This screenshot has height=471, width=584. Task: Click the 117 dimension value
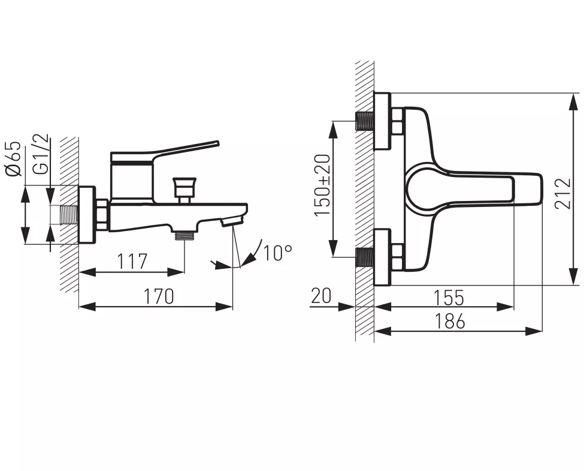[131, 261]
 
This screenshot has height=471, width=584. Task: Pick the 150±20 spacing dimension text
[322, 185]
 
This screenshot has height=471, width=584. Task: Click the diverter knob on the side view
[183, 188]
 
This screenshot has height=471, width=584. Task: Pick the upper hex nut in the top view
[397, 121]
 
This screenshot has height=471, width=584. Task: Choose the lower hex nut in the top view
[397, 257]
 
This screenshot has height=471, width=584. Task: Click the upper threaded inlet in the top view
[364, 121]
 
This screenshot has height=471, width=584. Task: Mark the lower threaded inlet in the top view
[364, 257]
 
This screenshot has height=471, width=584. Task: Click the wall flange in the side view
[87, 215]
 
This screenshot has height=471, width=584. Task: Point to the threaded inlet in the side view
[69, 215]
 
